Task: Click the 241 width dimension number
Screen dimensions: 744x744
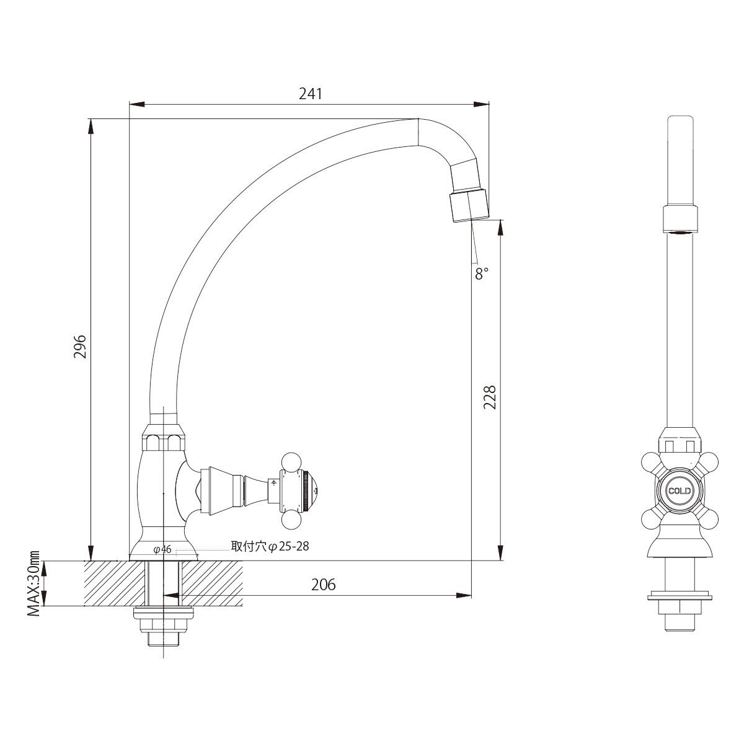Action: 310,94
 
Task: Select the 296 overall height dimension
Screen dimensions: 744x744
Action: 80,347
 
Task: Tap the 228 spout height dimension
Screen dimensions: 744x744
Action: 489,397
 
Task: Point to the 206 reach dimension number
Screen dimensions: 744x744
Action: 323,585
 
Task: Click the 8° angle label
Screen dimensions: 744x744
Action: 482,274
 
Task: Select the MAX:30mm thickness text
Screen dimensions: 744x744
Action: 34,589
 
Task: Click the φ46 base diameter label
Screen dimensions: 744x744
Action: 162,549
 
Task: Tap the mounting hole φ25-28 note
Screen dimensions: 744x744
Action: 270,546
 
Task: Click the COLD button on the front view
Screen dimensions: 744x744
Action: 680,491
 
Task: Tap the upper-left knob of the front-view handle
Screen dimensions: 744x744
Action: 652,463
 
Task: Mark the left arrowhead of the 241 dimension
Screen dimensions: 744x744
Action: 136,104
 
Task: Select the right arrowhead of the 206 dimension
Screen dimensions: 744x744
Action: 464,595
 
